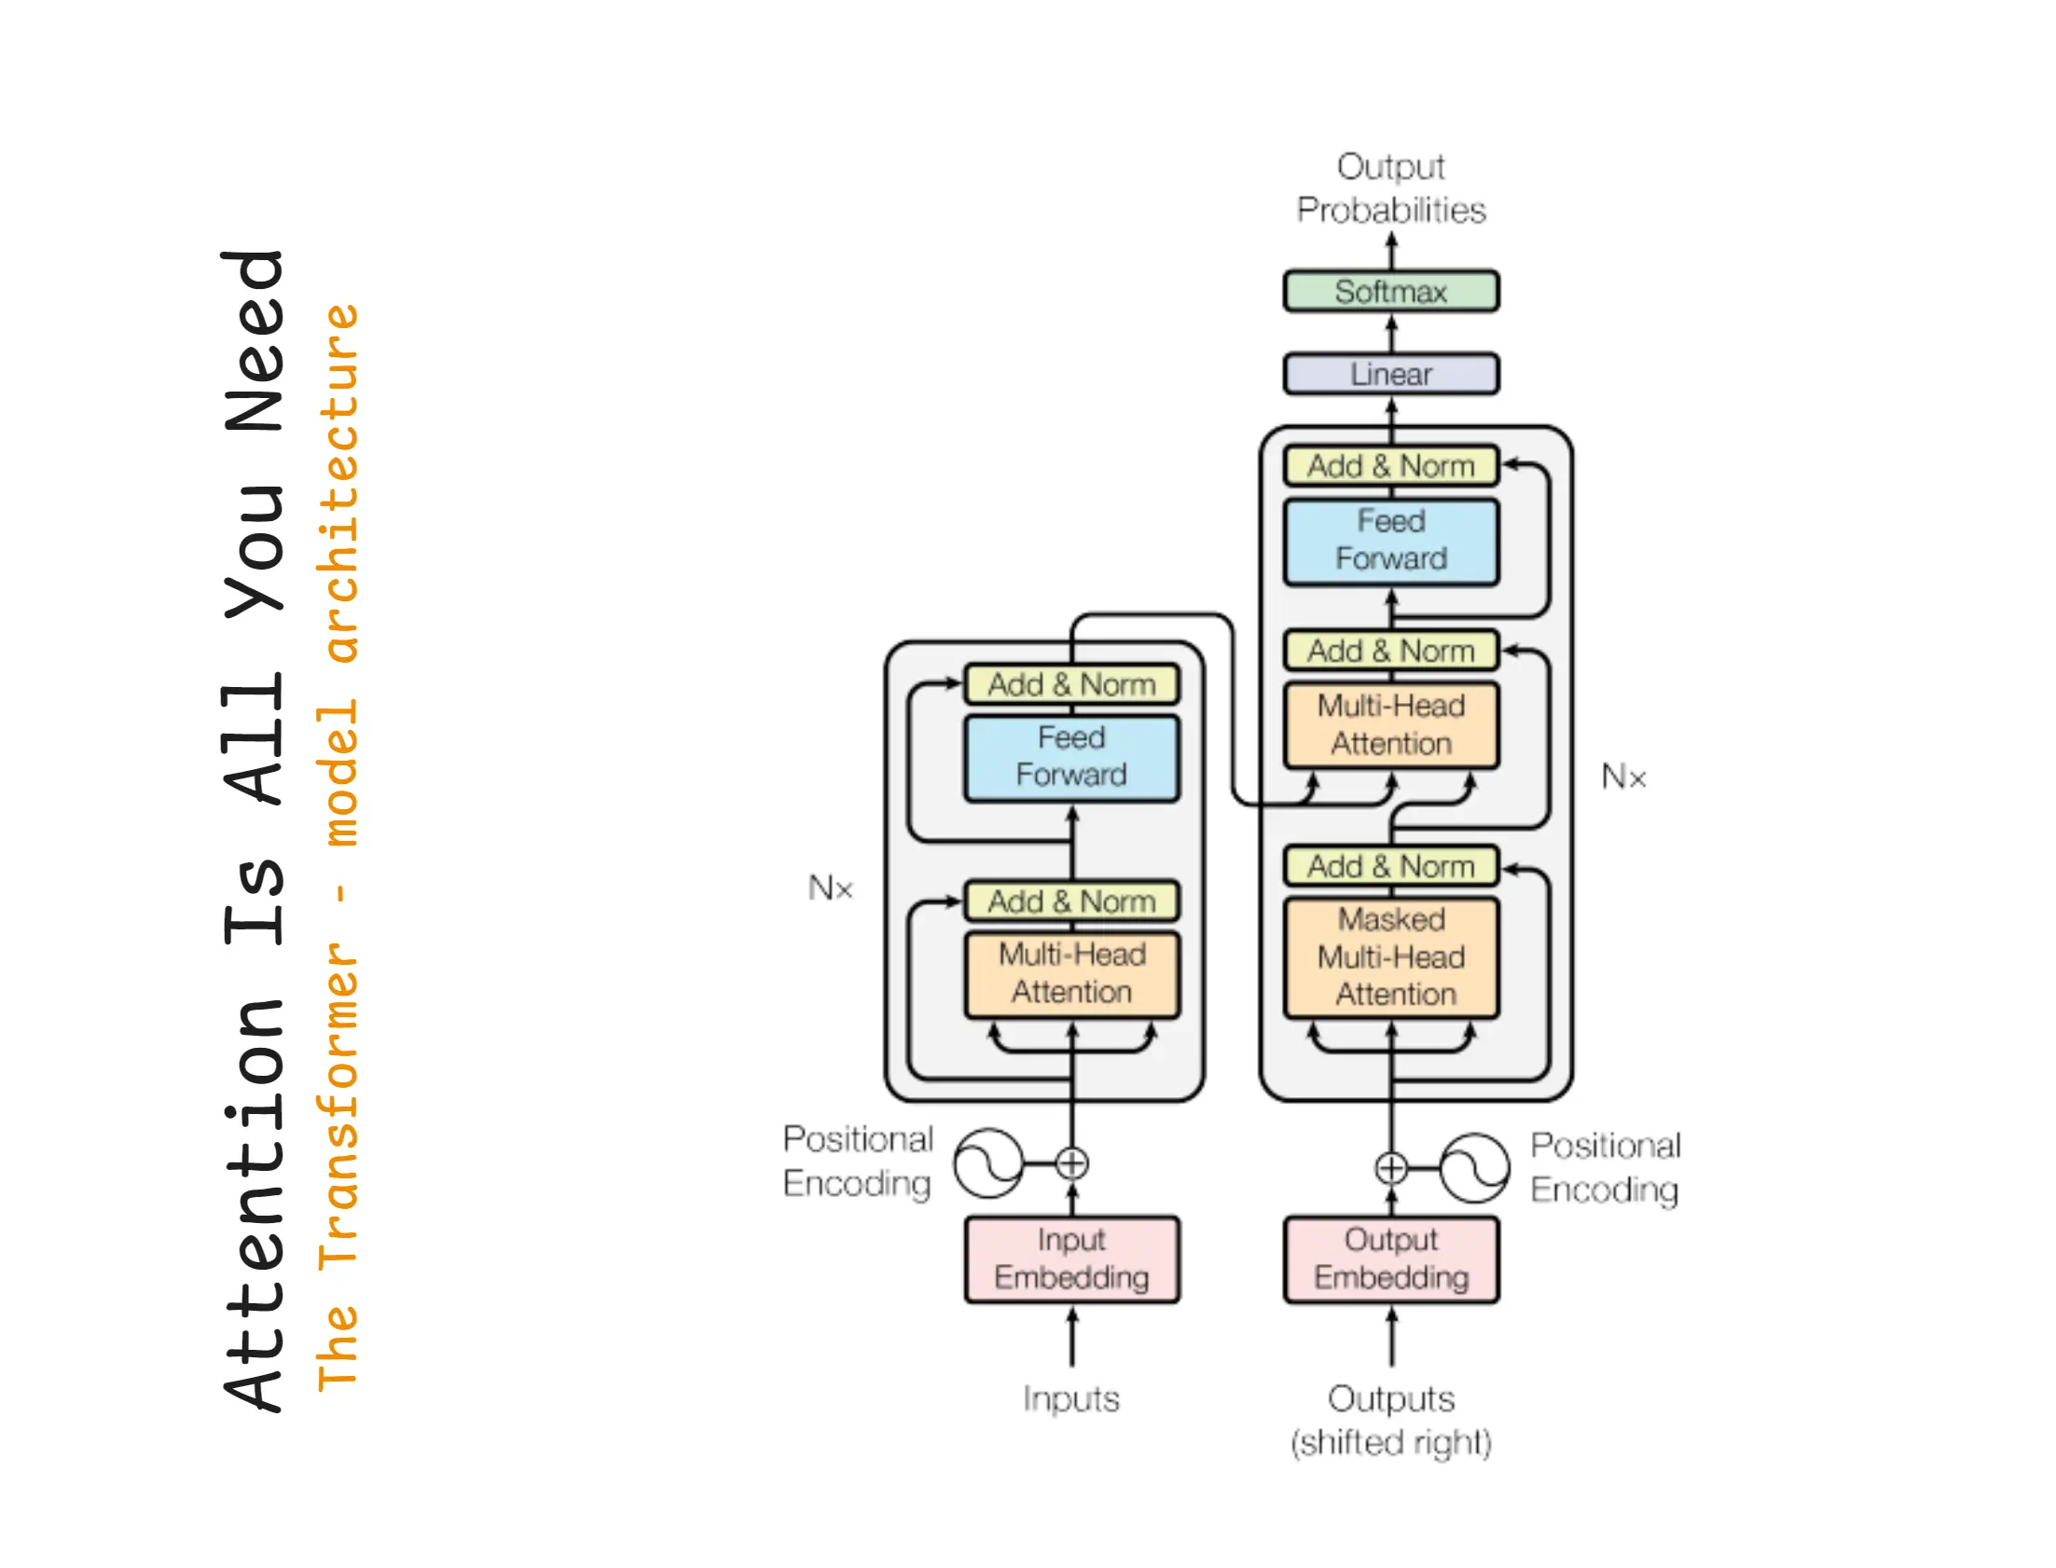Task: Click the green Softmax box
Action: tap(1390, 291)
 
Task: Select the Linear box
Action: tap(1390, 373)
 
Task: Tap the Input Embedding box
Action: tap(1071, 1259)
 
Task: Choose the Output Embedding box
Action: tap(1390, 1259)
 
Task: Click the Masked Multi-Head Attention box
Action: tap(1390, 956)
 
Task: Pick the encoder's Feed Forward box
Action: tap(1071, 757)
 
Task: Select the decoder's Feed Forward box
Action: tap(1390, 541)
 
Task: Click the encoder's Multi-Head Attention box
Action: tap(1071, 973)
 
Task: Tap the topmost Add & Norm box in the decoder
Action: tap(1390, 466)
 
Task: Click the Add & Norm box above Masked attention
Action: tap(1390, 865)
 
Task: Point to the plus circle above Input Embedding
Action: tap(1071, 1162)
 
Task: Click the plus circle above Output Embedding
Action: tap(1390, 1166)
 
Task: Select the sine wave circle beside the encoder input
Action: tap(988, 1162)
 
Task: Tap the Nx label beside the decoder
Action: tap(1623, 776)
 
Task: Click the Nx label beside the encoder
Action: tap(830, 887)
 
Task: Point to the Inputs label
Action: tap(1070, 1398)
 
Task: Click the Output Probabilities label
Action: tap(1390, 188)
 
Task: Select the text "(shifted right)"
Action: tap(1390, 1442)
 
